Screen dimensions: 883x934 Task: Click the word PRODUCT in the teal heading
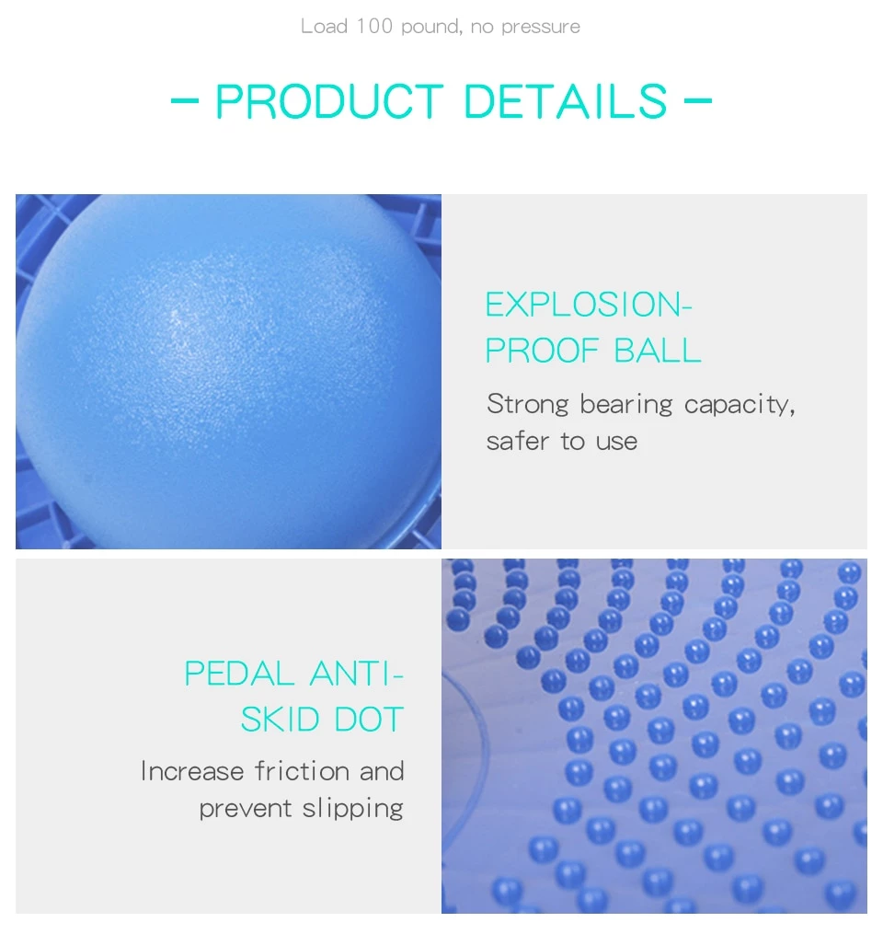329,101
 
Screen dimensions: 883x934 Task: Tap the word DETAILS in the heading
565,101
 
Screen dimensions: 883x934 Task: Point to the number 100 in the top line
374,26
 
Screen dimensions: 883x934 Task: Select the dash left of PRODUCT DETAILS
185,100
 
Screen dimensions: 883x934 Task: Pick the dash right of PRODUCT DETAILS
698,100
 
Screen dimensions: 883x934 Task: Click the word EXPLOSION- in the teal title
589,305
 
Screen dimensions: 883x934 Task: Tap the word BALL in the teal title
658,350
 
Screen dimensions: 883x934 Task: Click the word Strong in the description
528,405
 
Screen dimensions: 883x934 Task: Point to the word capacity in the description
739,406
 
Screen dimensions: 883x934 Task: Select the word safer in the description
518,441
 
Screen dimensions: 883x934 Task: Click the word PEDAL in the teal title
239,674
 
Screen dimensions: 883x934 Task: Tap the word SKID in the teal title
281,719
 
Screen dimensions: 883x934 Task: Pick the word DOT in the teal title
369,719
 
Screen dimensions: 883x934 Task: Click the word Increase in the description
192,771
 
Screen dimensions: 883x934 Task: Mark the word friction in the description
302,771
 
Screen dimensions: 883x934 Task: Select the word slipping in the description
353,810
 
